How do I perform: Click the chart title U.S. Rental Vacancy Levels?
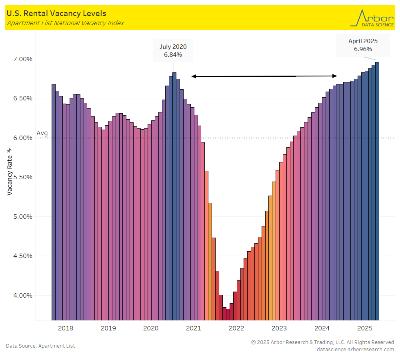click(56, 14)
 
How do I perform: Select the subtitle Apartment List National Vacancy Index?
click(65, 23)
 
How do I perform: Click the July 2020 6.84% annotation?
click(173, 51)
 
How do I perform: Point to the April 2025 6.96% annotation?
click(363, 45)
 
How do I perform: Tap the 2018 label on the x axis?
click(66, 328)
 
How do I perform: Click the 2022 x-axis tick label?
click(236, 328)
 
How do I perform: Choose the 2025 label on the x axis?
click(364, 328)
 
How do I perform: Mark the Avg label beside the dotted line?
click(42, 133)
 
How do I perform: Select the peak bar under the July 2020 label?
click(174, 196)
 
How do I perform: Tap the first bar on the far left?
click(54, 202)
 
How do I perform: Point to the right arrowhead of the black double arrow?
click(335, 76)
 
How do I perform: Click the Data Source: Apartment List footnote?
click(40, 346)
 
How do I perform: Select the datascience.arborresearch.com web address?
click(355, 349)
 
